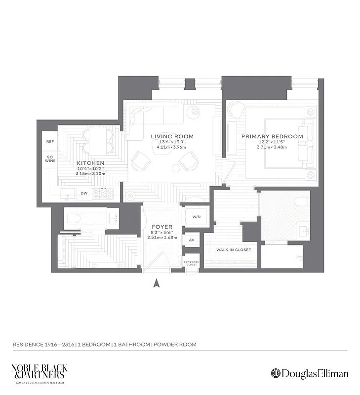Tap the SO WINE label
pyautogui.click(x=50, y=158)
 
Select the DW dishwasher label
pyautogui.click(x=84, y=193)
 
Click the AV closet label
pyautogui.click(x=191, y=240)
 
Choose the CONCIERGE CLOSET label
pyautogui.click(x=191, y=263)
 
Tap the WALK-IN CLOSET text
pyautogui.click(x=234, y=250)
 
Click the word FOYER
pyautogui.click(x=162, y=227)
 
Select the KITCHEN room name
pyautogui.click(x=90, y=163)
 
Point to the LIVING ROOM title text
pyautogui.click(x=172, y=136)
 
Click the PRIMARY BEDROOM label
pyautogui.click(x=272, y=136)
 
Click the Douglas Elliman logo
pyautogui.click(x=309, y=373)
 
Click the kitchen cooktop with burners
pyautogui.click(x=103, y=194)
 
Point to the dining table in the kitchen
pyautogui.click(x=98, y=141)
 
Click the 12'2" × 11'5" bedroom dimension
pyautogui.click(x=272, y=142)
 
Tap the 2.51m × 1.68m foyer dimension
pyautogui.click(x=162, y=237)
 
